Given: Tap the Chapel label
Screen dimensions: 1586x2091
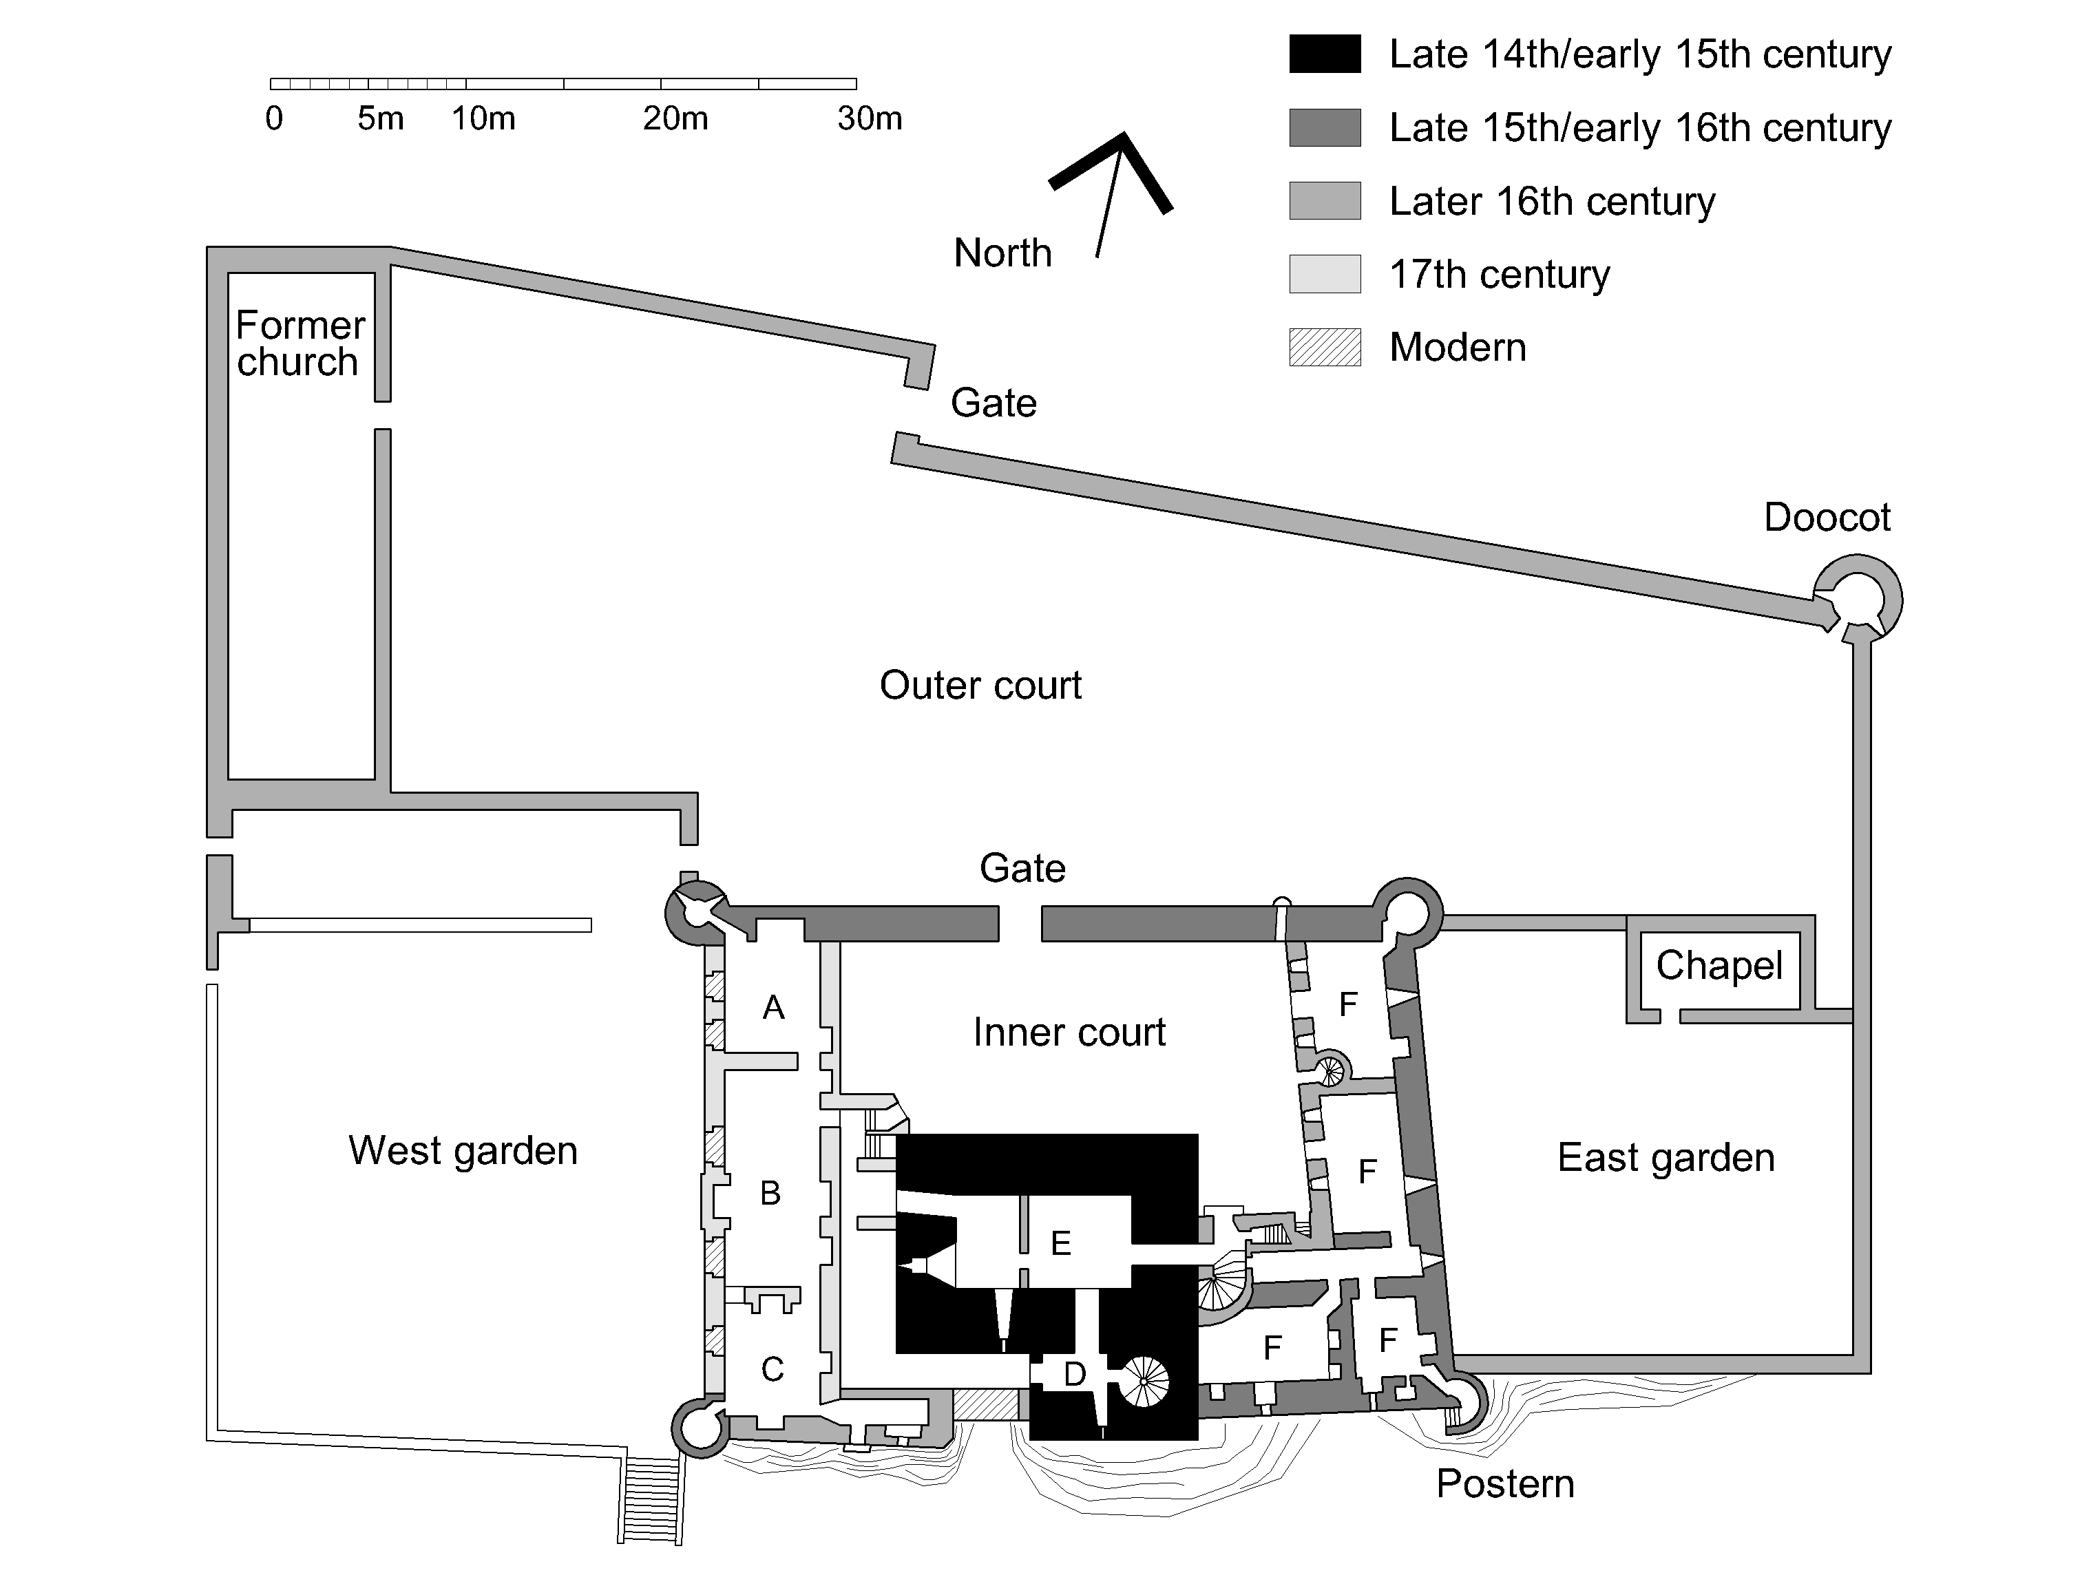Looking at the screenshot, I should point(1719,965).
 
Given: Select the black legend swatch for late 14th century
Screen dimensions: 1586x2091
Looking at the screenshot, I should point(1325,54).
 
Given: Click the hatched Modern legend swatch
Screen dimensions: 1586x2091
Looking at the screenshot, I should point(1325,347).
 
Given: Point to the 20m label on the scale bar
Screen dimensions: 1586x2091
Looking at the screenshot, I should point(675,118).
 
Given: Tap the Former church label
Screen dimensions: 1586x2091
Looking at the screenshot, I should point(299,343).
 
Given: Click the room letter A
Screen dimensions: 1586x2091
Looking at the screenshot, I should point(773,1008).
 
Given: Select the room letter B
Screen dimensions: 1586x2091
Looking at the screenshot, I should point(770,1193).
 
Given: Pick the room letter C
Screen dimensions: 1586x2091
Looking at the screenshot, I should point(773,1368).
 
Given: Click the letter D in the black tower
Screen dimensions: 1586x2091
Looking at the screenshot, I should point(1075,1374).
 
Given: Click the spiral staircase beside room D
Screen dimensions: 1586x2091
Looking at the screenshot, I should point(1144,1381).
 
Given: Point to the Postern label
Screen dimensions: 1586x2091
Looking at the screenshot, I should point(1505,1484).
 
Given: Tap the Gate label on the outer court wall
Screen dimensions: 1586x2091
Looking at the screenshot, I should point(993,403).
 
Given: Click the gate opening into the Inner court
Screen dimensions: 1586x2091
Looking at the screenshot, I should point(1020,923).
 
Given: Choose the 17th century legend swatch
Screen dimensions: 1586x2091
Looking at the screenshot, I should point(1325,274).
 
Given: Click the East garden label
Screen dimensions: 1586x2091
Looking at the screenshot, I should point(1666,1157).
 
